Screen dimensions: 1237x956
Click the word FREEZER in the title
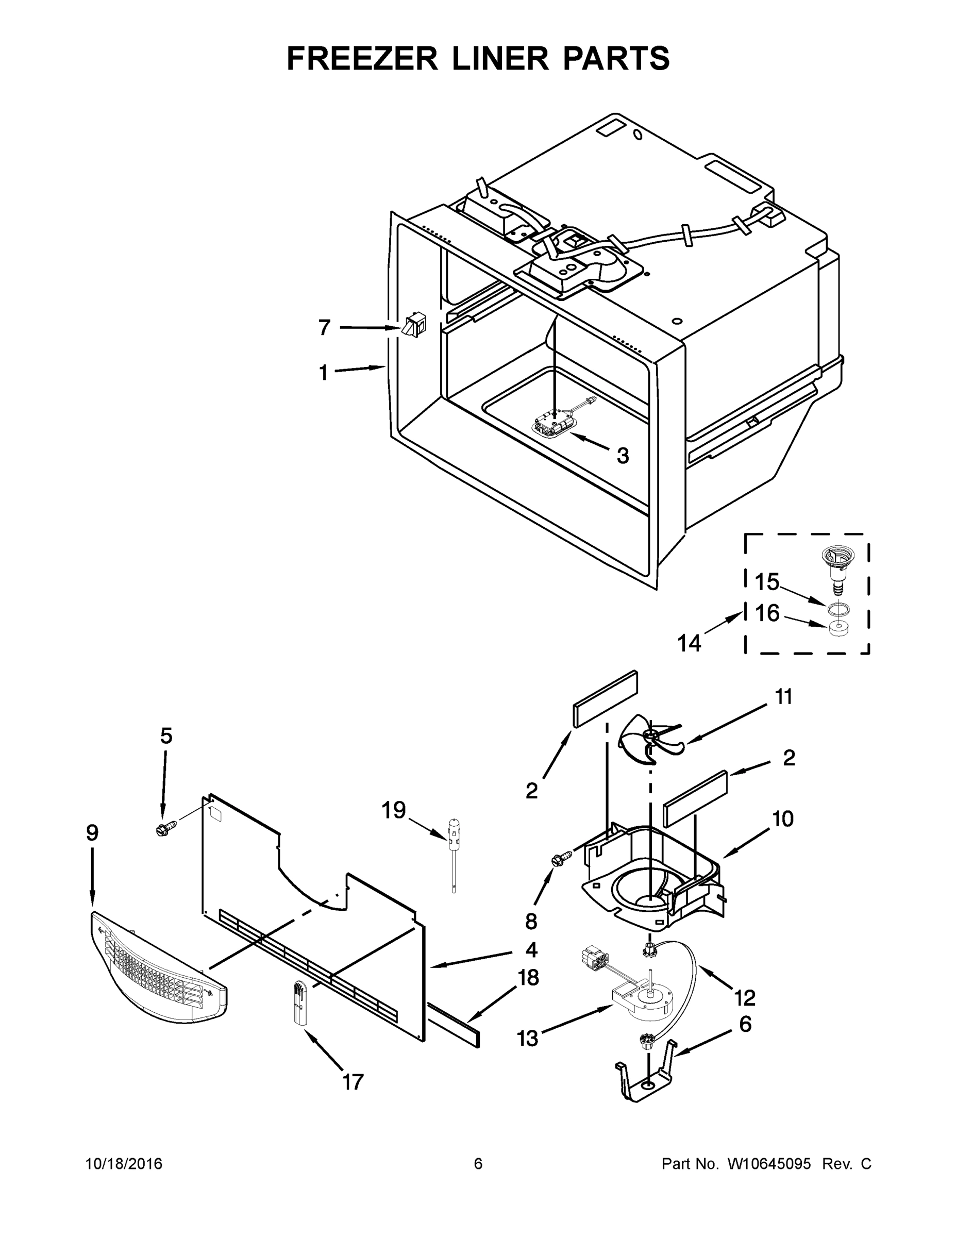point(362,58)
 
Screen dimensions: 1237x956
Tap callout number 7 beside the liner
point(324,327)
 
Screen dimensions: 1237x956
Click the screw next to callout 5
point(165,830)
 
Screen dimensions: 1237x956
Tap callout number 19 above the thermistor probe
point(394,811)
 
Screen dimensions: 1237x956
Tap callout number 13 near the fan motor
point(528,1038)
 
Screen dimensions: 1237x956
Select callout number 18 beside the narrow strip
point(528,977)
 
